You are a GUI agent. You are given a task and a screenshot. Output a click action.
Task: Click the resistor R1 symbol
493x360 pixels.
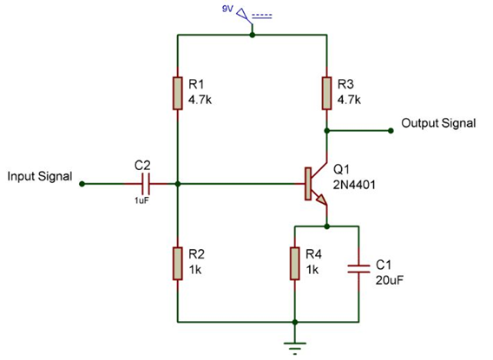pos(177,93)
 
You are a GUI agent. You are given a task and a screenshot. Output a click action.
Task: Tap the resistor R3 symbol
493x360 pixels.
pos(326,93)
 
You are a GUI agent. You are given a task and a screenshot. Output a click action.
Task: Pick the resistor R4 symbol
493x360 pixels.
pos(296,264)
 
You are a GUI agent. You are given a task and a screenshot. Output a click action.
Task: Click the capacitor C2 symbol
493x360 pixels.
pos(145,184)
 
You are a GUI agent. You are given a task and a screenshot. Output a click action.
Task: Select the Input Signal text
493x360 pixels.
pos(40,176)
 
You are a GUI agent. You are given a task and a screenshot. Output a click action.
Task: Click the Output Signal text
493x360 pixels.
pos(438,123)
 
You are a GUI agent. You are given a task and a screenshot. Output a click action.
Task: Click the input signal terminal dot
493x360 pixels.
pos(82,184)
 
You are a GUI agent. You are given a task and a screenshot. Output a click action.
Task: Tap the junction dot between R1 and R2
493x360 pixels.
pos(177,184)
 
